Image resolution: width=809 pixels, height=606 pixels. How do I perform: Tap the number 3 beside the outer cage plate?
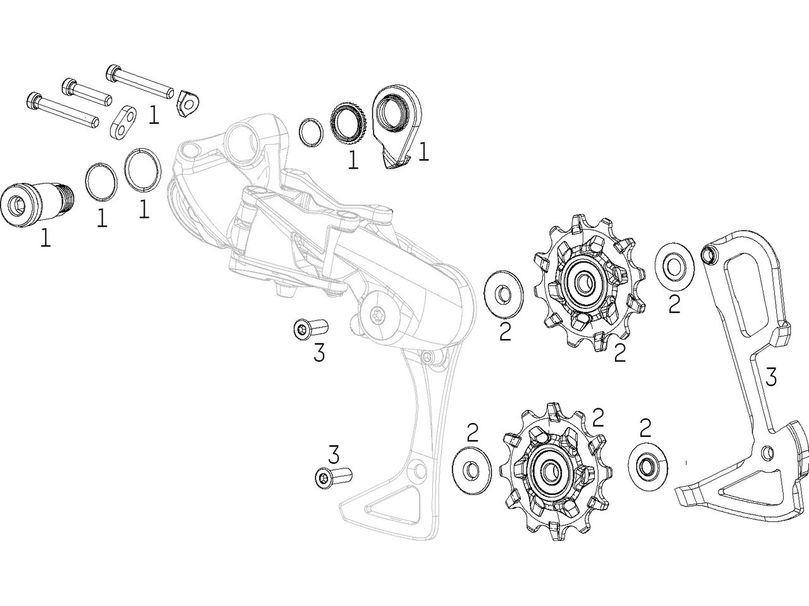(770, 377)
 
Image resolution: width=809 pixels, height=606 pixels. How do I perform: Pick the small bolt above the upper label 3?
(312, 329)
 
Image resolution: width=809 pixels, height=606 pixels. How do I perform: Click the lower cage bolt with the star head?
(332, 477)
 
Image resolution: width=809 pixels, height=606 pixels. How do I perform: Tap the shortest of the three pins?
(87, 92)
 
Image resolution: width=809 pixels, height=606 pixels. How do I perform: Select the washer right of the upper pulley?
(676, 265)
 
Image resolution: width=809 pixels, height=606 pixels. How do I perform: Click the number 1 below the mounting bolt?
(45, 237)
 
